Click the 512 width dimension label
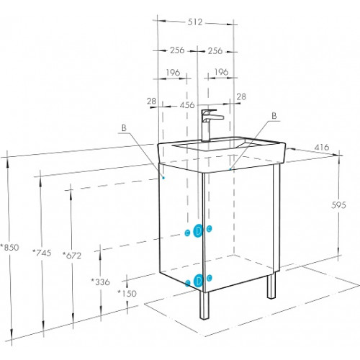pyautogui.click(x=195, y=22)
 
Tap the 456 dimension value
pyautogui.click(x=187, y=105)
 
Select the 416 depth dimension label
pyautogui.click(x=322, y=147)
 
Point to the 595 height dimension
pyautogui.click(x=338, y=205)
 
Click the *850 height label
pyautogui.click(x=9, y=247)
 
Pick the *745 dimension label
pyautogui.click(x=42, y=253)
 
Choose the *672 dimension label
pyautogui.click(x=72, y=256)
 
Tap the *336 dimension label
pyautogui.click(x=100, y=282)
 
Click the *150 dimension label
pyautogui.click(x=127, y=293)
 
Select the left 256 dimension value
pyautogui.click(x=177, y=50)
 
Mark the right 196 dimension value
pyautogui.click(x=221, y=72)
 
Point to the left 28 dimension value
pyautogui.click(x=151, y=101)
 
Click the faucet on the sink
pyautogui.click(x=210, y=125)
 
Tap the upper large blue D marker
pyautogui.click(x=198, y=231)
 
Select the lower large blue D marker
pyautogui.click(x=199, y=280)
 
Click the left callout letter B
pyautogui.click(x=124, y=127)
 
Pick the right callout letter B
pyautogui.click(x=274, y=116)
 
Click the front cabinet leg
pyautogui.click(x=204, y=305)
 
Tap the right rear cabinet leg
pyautogui.click(x=271, y=287)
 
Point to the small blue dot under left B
pyautogui.click(x=163, y=178)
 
